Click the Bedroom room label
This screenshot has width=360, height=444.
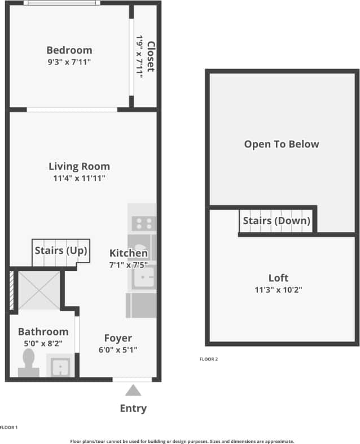[69, 50]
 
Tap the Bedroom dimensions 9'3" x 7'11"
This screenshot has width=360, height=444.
[69, 61]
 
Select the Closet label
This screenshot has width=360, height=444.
[150, 56]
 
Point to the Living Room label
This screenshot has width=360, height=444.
[79, 166]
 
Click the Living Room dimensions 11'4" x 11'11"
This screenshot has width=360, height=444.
[79, 178]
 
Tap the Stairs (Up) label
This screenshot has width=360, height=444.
[60, 250]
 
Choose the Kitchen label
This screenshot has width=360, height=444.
[129, 253]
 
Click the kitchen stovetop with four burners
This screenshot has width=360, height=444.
[143, 223]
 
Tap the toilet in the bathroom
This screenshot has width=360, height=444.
[29, 362]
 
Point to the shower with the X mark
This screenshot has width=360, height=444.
[38, 290]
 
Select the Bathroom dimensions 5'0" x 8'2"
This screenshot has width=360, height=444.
[43, 343]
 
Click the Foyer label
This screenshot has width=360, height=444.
[118, 338]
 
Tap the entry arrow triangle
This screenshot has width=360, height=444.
[133, 390]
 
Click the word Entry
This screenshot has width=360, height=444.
[133, 408]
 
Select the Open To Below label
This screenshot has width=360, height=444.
[281, 144]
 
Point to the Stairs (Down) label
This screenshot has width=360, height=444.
[276, 220]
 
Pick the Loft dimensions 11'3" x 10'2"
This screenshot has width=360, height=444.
[278, 290]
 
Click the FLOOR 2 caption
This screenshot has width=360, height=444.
[209, 359]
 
